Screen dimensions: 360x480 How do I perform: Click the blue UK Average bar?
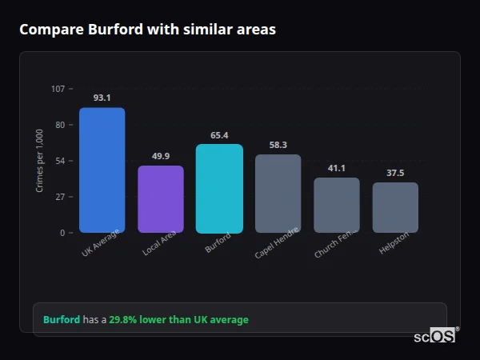pos(102,170)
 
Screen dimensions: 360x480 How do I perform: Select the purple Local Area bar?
pos(161,199)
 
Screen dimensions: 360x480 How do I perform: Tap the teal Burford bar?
pos(219,189)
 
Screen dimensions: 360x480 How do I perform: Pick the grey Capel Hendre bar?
pos(278,194)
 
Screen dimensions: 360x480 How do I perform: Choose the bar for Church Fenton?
pos(337,205)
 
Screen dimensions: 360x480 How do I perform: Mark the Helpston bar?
pos(395,207)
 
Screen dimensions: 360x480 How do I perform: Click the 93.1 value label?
pos(102,98)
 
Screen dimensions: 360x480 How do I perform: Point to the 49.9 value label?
pos(161,156)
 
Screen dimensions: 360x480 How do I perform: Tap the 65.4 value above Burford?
pos(219,135)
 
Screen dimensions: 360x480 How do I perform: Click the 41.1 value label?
pos(337,168)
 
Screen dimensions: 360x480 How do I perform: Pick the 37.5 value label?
pos(395,173)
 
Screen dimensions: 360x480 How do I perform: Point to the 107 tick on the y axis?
pos(58,89)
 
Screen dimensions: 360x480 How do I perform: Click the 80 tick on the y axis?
pos(60,125)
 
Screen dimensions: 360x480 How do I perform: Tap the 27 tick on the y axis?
pos(60,197)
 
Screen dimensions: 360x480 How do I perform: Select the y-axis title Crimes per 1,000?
pos(40,161)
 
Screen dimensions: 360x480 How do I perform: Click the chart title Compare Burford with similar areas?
pos(147,30)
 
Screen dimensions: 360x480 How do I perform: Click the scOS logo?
pos(435,336)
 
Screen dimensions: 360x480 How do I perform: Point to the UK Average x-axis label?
pos(101,244)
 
